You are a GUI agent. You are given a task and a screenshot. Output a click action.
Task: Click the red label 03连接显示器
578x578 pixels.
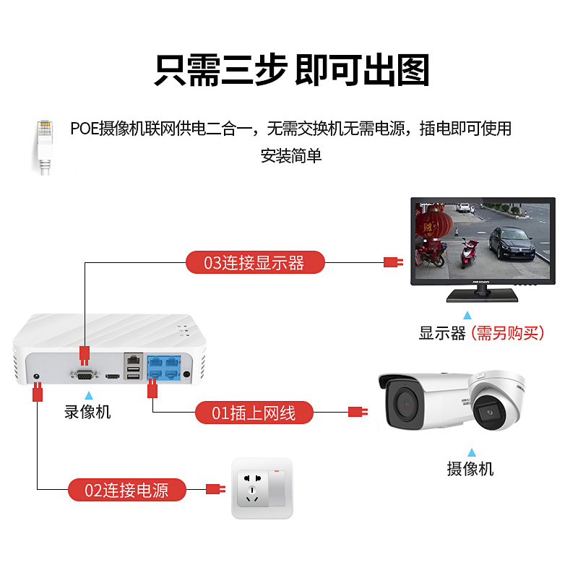click(254, 262)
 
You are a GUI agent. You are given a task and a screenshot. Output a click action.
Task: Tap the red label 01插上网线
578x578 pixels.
click(254, 413)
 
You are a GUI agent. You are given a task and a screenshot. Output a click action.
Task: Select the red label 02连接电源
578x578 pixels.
click(127, 490)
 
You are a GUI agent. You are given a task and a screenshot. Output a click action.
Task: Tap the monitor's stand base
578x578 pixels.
click(481, 295)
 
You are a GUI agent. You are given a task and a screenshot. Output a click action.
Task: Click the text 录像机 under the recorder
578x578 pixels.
click(87, 412)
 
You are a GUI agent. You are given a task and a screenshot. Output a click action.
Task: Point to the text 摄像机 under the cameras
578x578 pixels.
click(470, 468)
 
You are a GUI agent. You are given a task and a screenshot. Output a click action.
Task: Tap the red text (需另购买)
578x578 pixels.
click(508, 333)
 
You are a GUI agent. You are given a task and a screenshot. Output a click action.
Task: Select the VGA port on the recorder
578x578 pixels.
click(85, 374)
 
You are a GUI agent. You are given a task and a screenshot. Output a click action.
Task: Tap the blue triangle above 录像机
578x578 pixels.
click(88, 395)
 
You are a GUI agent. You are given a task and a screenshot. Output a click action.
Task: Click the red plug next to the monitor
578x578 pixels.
click(392, 262)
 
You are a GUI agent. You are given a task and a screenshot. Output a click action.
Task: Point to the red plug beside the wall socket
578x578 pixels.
click(215, 489)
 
